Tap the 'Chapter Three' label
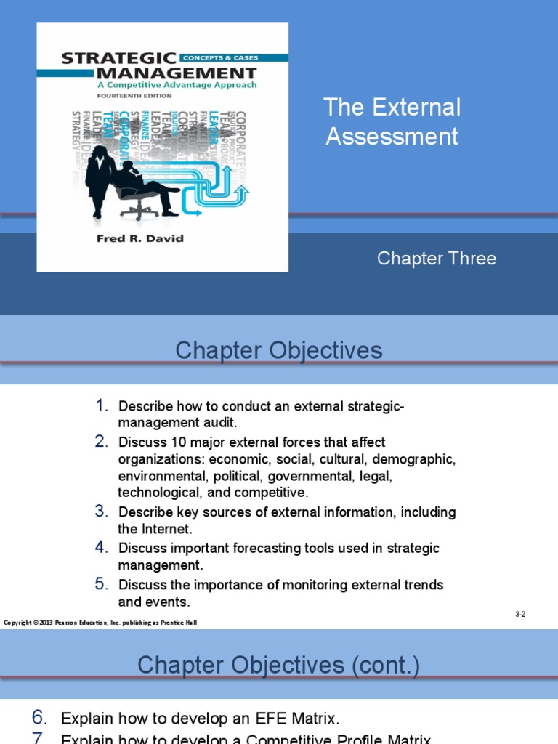point(436,259)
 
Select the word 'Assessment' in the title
point(392,136)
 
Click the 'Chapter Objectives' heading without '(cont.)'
point(278,351)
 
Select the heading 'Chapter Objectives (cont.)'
point(278,664)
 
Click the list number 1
point(102,405)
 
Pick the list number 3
point(101,511)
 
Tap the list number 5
point(101,584)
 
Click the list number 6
point(40,718)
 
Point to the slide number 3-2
point(520,614)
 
